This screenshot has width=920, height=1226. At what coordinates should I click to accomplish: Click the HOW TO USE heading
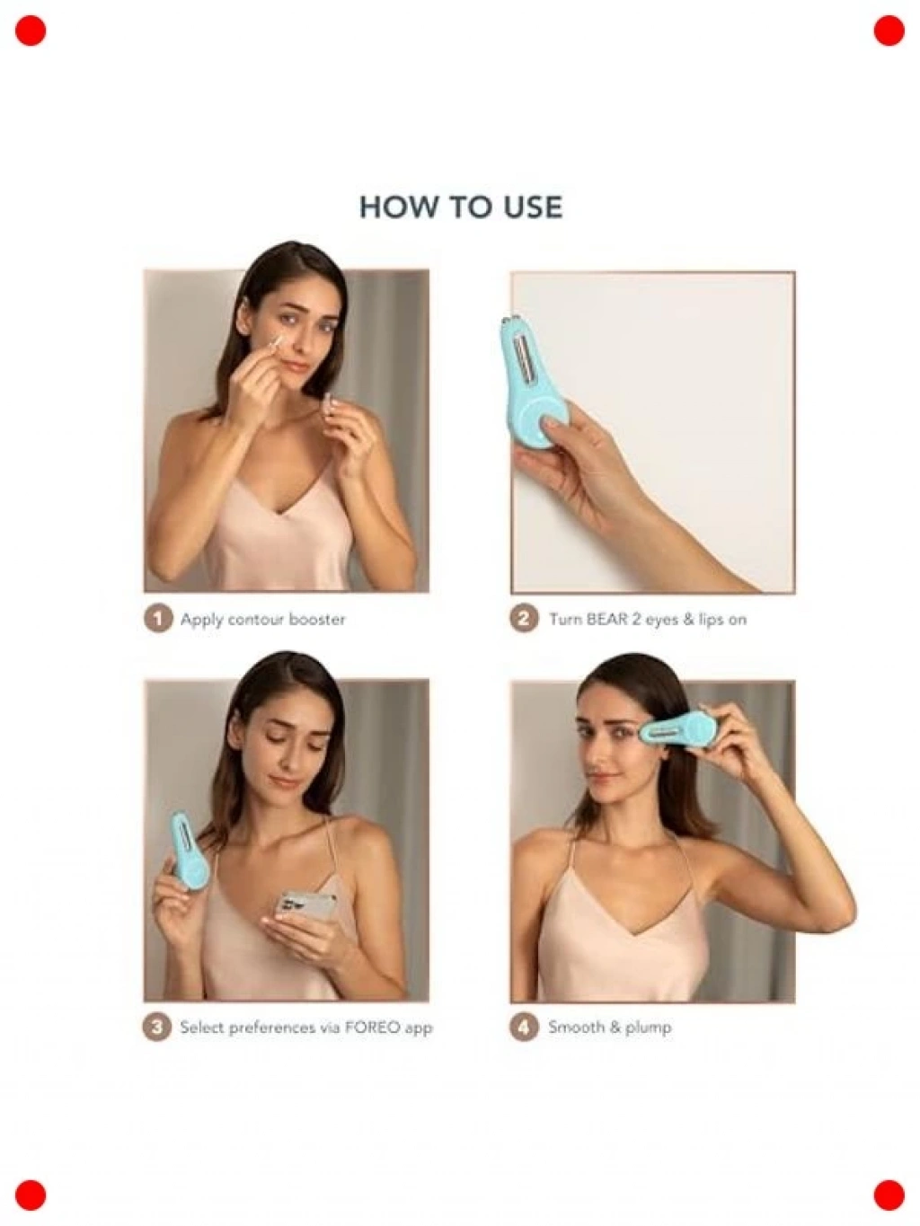[x=461, y=207]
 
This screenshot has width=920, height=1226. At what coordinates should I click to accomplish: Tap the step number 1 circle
[x=158, y=619]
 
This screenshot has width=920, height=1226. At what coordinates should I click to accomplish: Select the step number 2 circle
[x=524, y=619]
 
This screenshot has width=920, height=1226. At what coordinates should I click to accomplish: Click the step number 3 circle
[x=157, y=1028]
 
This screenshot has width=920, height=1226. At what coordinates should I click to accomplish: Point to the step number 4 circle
[x=524, y=1028]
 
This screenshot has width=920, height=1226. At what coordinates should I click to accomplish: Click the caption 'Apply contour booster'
[x=263, y=620]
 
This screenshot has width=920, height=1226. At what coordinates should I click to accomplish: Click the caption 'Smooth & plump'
[x=609, y=1028]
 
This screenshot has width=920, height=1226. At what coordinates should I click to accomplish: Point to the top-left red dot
[x=31, y=31]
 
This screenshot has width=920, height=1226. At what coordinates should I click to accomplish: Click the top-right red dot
[x=889, y=31]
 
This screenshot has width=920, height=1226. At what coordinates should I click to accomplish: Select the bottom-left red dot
[x=31, y=1195]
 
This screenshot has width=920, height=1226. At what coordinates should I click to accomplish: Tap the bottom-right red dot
[x=889, y=1195]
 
